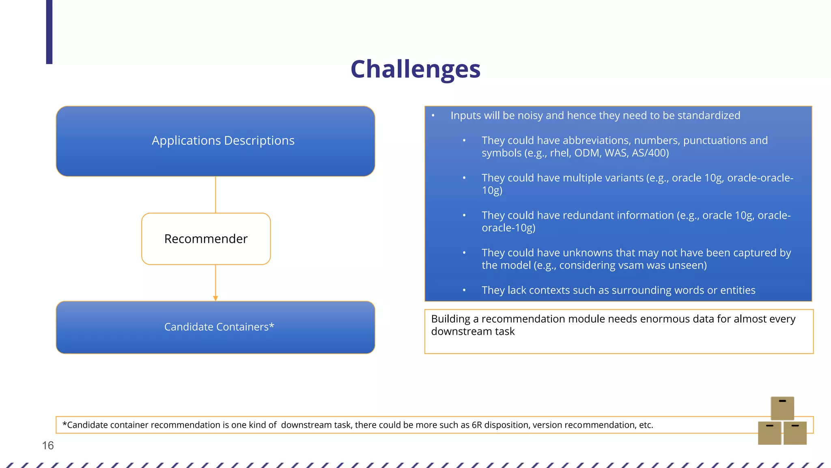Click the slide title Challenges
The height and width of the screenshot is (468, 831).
click(x=415, y=69)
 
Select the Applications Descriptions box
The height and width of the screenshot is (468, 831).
click(x=215, y=141)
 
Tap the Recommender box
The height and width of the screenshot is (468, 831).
click(x=206, y=239)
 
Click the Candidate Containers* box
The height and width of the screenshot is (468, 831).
click(x=215, y=327)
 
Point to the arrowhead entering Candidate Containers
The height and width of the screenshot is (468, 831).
click(x=215, y=298)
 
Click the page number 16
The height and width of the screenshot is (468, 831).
click(x=48, y=446)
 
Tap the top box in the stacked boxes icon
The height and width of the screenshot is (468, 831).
click(x=782, y=408)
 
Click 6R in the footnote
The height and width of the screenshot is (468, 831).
click(x=476, y=425)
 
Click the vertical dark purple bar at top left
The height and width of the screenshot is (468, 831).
click(x=49, y=32)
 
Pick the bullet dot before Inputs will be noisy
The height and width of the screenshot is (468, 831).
click(x=433, y=116)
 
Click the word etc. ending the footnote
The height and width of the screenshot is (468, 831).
click(x=646, y=425)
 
